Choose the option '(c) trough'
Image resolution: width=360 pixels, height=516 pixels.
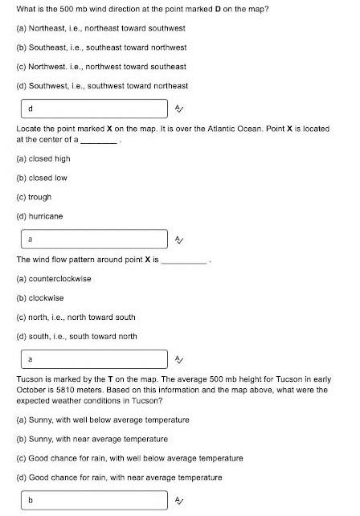pos(34,197)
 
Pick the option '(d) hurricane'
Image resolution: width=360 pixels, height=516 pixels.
pos(39,216)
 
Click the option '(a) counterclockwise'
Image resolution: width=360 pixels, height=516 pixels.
pos(54,279)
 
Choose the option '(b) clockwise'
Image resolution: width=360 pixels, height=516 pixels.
pos(40,298)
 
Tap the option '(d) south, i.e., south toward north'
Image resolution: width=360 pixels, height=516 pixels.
pos(76,336)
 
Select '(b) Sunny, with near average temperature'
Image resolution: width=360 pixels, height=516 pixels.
pos(92,439)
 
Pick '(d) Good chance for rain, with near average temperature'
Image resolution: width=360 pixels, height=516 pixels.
pos(119,477)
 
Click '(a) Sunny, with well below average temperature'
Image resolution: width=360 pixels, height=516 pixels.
pos(103,420)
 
